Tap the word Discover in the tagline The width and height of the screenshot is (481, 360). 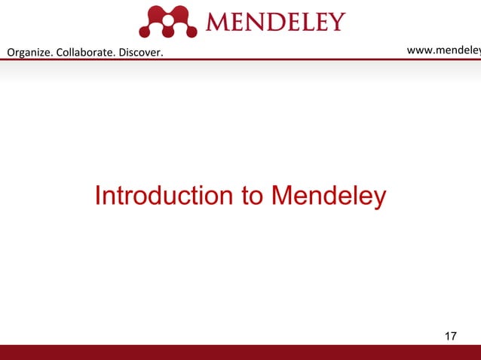(142, 52)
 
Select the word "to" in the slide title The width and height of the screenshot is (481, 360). (251, 196)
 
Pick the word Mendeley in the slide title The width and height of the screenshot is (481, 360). (328, 196)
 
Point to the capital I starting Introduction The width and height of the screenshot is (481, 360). (97, 196)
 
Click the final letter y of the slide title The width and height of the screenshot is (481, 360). (379, 199)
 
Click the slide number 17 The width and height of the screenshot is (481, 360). (451, 336)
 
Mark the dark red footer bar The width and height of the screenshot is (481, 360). (240, 352)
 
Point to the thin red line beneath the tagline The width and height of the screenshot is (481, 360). (240, 59)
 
